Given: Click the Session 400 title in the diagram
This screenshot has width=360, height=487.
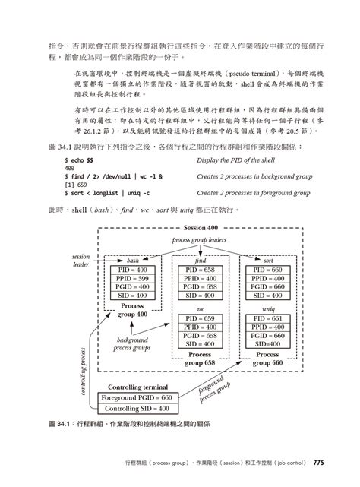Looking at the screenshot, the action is (200, 228).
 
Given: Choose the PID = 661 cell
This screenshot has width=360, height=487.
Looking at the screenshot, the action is (268, 318).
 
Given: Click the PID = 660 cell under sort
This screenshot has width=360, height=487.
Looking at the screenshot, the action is (268, 270).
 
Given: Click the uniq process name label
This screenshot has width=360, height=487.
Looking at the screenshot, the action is (268, 309).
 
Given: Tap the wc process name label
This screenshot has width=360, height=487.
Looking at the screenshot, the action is (201, 309).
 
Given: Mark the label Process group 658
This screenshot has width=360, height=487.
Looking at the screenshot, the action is (201, 359).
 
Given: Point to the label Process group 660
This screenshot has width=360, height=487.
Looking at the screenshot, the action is (268, 359).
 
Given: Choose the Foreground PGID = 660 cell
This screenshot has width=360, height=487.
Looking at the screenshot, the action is (145, 397).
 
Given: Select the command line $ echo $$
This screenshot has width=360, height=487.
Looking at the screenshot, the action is (80, 161).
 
